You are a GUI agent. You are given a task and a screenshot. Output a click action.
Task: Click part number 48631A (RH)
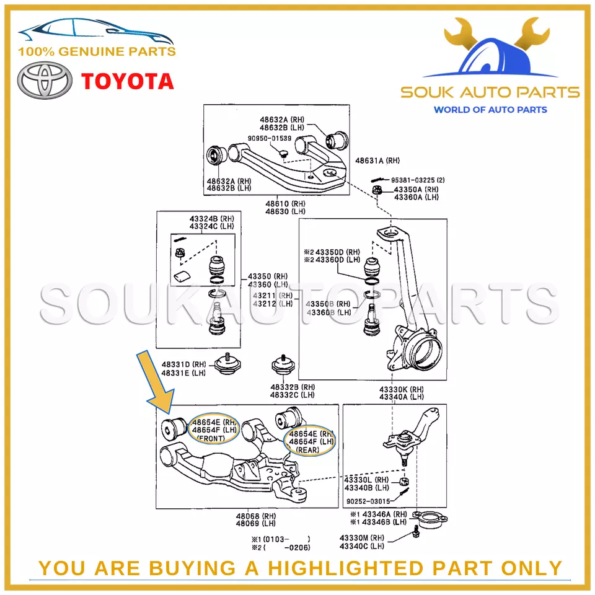pyautogui.click(x=377, y=161)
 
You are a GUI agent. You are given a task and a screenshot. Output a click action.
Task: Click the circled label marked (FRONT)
pyautogui.click(x=213, y=438)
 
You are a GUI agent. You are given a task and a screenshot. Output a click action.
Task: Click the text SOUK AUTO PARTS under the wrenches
pyautogui.click(x=490, y=93)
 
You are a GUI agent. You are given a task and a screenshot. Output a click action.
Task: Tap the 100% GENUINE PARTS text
pyautogui.click(x=97, y=52)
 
